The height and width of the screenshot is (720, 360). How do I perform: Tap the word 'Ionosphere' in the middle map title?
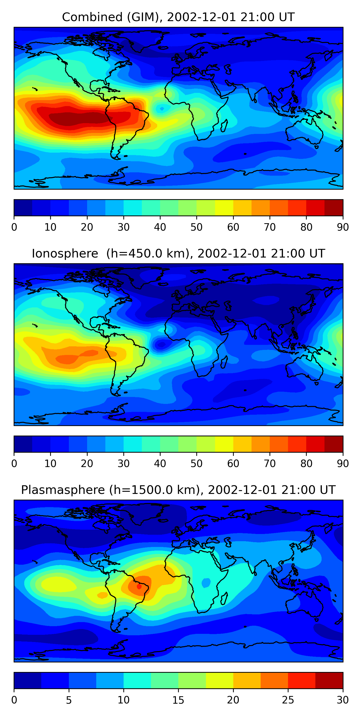[65, 253]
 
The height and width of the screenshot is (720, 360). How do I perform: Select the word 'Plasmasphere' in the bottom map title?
[63, 490]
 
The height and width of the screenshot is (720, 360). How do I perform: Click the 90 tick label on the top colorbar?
[343, 227]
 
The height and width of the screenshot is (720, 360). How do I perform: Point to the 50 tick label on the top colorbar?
[197, 227]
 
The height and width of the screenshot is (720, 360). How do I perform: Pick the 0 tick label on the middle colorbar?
[14, 464]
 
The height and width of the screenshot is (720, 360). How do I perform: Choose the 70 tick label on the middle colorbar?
[270, 464]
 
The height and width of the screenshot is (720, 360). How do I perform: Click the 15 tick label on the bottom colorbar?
[178, 700]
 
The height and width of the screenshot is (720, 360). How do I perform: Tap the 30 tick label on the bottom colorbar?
[343, 700]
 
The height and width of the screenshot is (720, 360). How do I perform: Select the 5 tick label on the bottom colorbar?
[69, 700]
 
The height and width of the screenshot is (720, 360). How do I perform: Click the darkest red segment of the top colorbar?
[334, 208]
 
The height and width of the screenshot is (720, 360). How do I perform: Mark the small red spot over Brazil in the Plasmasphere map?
[139, 586]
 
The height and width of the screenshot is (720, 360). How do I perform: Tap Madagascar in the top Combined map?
[224, 126]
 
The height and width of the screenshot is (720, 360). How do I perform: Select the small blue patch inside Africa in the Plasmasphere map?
[206, 583]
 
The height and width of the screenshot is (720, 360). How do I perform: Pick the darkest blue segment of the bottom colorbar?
[27, 681]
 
